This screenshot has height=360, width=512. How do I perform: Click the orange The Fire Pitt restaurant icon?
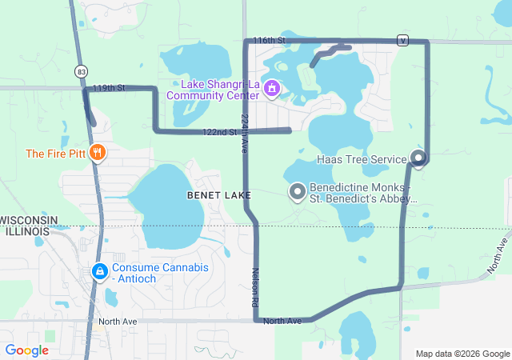(x=98, y=153)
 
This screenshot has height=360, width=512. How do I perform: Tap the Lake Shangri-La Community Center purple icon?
(x=271, y=87)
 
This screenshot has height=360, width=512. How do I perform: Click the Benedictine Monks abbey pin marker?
(x=298, y=191)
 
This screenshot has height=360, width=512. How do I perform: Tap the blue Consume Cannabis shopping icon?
(x=99, y=272)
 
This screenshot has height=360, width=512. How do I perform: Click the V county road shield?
(x=403, y=40)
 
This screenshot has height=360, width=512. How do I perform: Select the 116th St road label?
(x=269, y=40)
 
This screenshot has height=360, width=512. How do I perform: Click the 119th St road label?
(x=109, y=87)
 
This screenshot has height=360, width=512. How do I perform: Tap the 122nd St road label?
(x=220, y=132)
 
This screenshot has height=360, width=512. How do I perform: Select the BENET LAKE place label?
(x=218, y=195)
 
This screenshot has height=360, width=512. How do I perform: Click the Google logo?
(x=26, y=350)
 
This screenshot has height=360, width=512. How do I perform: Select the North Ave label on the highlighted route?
(x=282, y=321)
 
